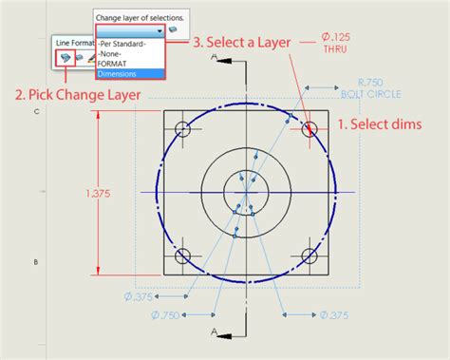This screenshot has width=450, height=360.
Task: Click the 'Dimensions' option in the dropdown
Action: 117,72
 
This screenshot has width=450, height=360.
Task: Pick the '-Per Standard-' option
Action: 121,43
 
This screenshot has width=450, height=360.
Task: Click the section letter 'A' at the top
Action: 215,58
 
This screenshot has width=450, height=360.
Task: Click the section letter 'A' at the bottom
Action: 215,331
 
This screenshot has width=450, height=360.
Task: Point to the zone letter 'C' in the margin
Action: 36,112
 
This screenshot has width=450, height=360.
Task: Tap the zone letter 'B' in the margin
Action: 36,261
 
